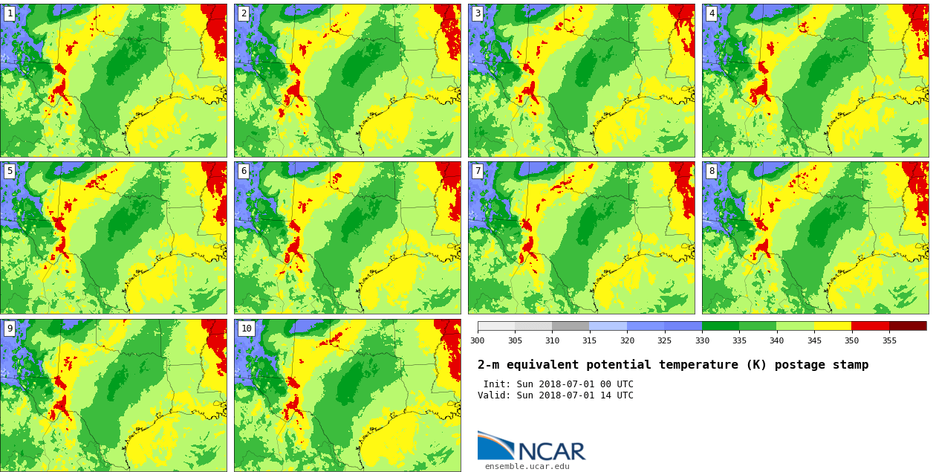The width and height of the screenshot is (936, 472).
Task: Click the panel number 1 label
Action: (10, 13)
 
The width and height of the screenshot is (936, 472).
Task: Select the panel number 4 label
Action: (712, 13)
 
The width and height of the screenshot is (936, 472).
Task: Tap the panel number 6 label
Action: (244, 171)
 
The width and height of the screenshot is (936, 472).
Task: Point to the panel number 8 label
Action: (712, 171)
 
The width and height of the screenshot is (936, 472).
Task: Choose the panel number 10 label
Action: (246, 329)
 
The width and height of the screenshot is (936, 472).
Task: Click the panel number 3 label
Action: (478, 13)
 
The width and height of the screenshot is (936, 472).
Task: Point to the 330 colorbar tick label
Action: (702, 340)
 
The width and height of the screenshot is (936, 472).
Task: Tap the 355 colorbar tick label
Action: (889, 340)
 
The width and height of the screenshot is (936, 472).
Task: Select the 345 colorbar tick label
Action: (814, 340)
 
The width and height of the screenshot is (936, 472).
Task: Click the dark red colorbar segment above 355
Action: (908, 326)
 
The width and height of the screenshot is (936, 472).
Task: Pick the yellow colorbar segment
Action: (833, 326)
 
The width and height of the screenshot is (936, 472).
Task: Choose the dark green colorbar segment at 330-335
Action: (721, 326)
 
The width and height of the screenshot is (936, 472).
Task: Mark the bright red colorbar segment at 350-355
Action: (870, 326)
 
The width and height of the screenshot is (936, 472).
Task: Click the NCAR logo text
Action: (551, 451)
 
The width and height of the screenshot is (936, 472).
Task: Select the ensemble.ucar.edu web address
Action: (527, 467)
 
